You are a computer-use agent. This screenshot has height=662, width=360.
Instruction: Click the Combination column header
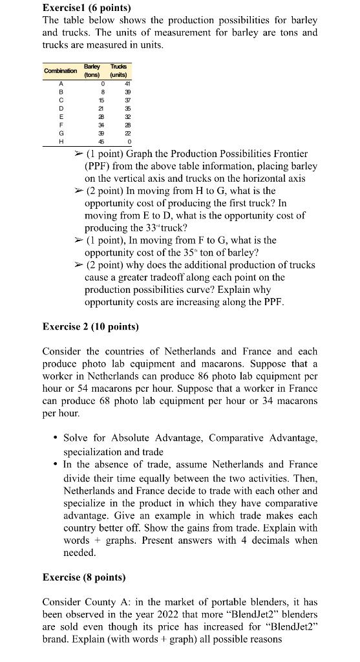(60, 70)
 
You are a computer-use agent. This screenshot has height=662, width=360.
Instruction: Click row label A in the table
(60, 82)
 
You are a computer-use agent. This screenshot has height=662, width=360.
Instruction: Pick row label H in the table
(60, 141)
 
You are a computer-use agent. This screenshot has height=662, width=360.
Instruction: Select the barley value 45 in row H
(101, 141)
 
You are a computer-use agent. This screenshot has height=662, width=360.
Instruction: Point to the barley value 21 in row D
(101, 107)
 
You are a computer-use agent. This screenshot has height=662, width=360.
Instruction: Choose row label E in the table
(60, 116)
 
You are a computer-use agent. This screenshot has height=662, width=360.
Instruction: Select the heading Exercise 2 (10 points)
(90, 326)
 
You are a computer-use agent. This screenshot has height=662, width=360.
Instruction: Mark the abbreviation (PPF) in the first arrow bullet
(98, 166)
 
